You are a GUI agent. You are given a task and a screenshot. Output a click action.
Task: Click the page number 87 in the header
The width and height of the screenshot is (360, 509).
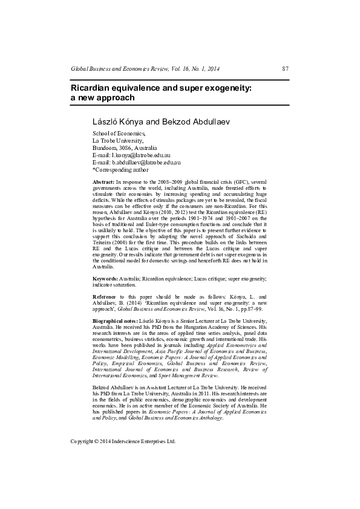point(286,70)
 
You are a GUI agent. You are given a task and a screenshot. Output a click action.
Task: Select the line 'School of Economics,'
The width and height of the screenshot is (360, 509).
point(119,133)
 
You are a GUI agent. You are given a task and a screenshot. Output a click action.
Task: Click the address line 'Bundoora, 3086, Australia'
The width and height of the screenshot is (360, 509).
point(124,148)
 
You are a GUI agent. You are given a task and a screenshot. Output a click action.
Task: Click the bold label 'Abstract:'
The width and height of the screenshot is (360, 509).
point(103,182)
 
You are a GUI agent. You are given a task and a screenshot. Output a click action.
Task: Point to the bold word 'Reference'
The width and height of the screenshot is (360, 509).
point(104,296)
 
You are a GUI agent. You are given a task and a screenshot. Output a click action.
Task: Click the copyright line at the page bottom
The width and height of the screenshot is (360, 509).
point(123,441)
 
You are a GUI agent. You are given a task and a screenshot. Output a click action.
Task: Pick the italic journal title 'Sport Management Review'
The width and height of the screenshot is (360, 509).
point(184,375)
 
